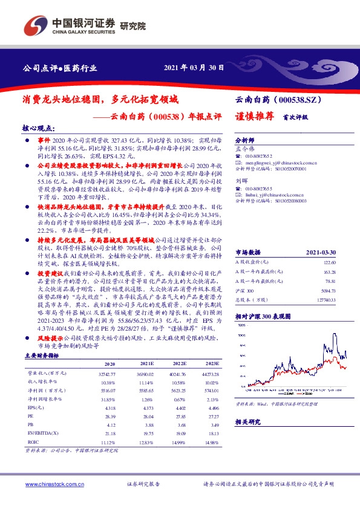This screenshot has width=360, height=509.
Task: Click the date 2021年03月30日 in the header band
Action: pyautogui.click(x=194, y=68)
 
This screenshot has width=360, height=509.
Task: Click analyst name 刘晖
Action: pyautogui.click(x=240, y=180)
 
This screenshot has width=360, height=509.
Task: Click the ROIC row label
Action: pyautogui.click(x=34, y=443)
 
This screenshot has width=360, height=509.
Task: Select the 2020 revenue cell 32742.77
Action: pyautogui.click(x=106, y=375)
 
